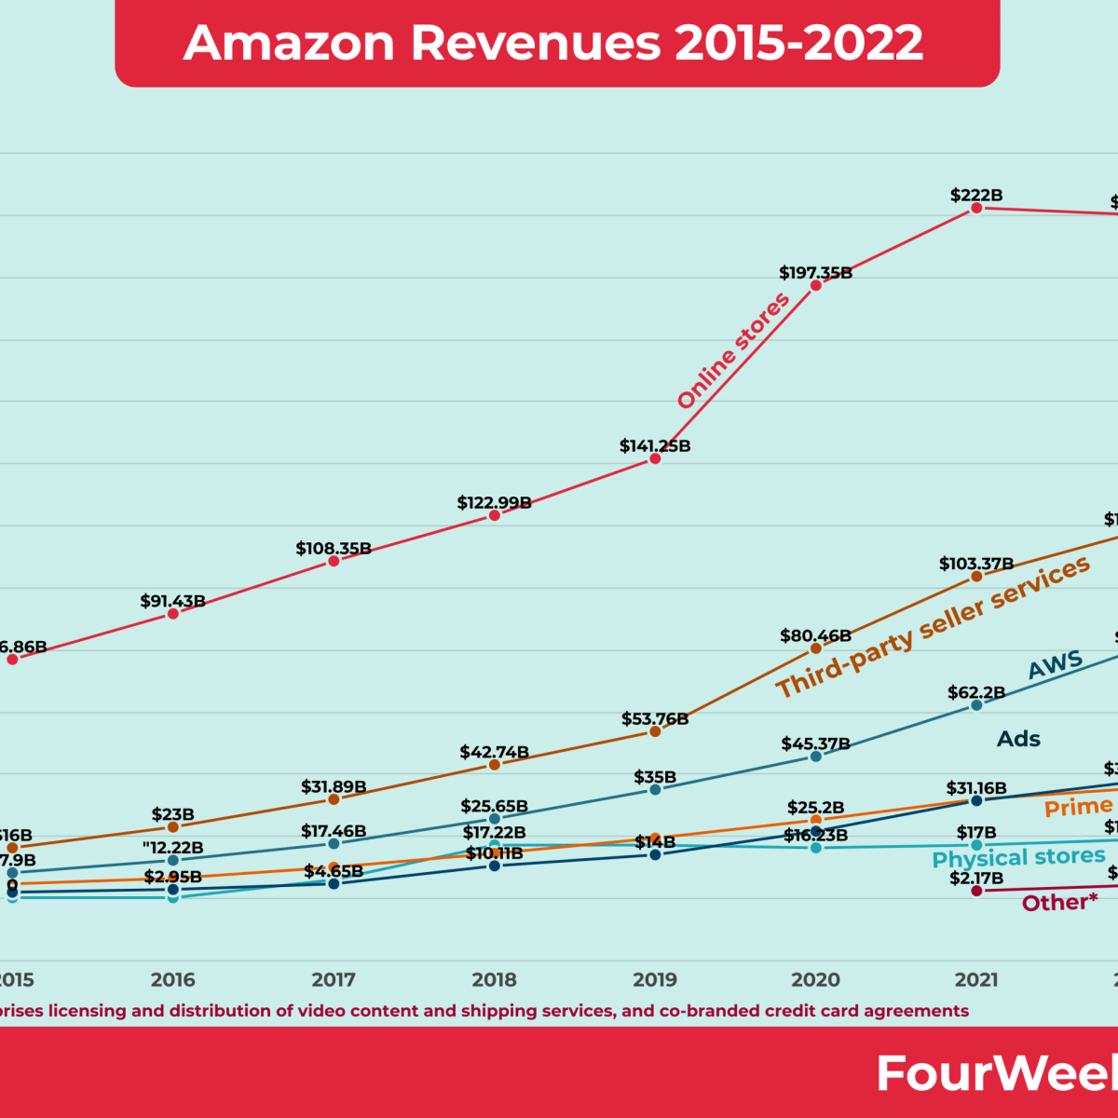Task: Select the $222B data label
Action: pyautogui.click(x=975, y=195)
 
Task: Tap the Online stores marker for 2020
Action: pyautogui.click(x=816, y=285)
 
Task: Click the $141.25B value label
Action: pyautogui.click(x=655, y=446)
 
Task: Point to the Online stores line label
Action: pyautogui.click(x=733, y=350)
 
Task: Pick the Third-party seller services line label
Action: pyautogui.click(x=933, y=627)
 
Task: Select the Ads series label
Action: pyautogui.click(x=1018, y=739)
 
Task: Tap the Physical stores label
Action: pyautogui.click(x=1018, y=857)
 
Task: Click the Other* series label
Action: pyautogui.click(x=1059, y=902)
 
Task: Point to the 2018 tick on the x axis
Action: pyautogui.click(x=494, y=979)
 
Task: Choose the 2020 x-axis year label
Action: pyautogui.click(x=815, y=979)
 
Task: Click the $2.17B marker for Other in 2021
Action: pyautogui.click(x=976, y=891)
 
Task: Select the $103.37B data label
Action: pyautogui.click(x=975, y=564)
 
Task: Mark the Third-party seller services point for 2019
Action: pyautogui.click(x=655, y=731)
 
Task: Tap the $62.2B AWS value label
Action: pyautogui.click(x=975, y=692)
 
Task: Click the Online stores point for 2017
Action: pyautogui.click(x=334, y=561)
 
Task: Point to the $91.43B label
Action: pyautogui.click(x=172, y=601)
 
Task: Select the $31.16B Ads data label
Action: pyautogui.click(x=975, y=788)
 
